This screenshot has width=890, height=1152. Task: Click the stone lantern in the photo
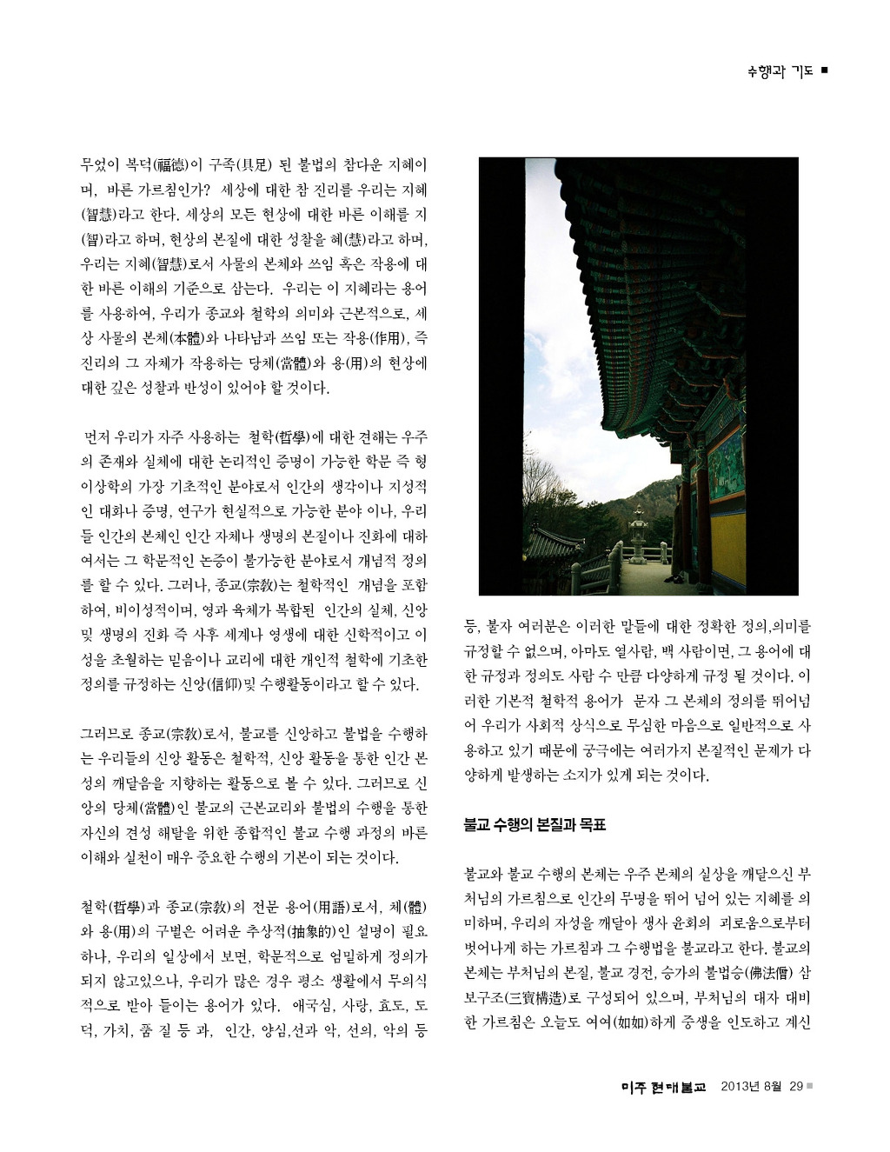click(x=639, y=535)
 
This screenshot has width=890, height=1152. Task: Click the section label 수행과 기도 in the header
click(x=780, y=71)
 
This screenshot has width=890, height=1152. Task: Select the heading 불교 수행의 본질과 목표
click(x=535, y=824)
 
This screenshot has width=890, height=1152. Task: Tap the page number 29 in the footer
click(x=796, y=1086)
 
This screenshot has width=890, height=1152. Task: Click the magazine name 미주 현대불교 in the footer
click(x=665, y=1087)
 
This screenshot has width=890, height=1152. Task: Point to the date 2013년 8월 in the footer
click(x=751, y=1086)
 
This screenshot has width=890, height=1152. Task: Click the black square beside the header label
click(x=824, y=70)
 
